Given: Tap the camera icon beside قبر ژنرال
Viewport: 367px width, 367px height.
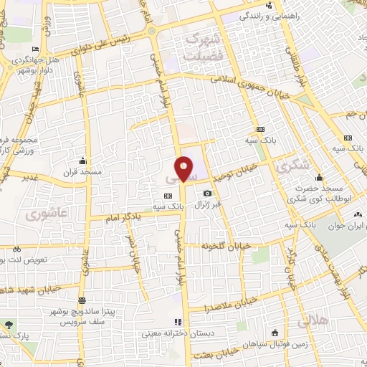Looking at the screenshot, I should click(x=208, y=194).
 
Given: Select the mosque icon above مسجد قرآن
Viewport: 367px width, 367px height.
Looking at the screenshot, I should click(x=84, y=161).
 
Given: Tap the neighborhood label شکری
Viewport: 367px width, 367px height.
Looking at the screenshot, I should click(x=295, y=166).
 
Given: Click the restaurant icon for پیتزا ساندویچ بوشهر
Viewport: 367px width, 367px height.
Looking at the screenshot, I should click(x=83, y=300).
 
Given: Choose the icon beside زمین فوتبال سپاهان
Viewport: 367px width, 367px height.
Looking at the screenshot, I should click(x=275, y=332).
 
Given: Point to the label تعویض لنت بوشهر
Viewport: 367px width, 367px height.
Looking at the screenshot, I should click(x=33, y=259).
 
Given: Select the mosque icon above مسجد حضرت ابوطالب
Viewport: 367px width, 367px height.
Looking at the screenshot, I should click(x=319, y=178).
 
